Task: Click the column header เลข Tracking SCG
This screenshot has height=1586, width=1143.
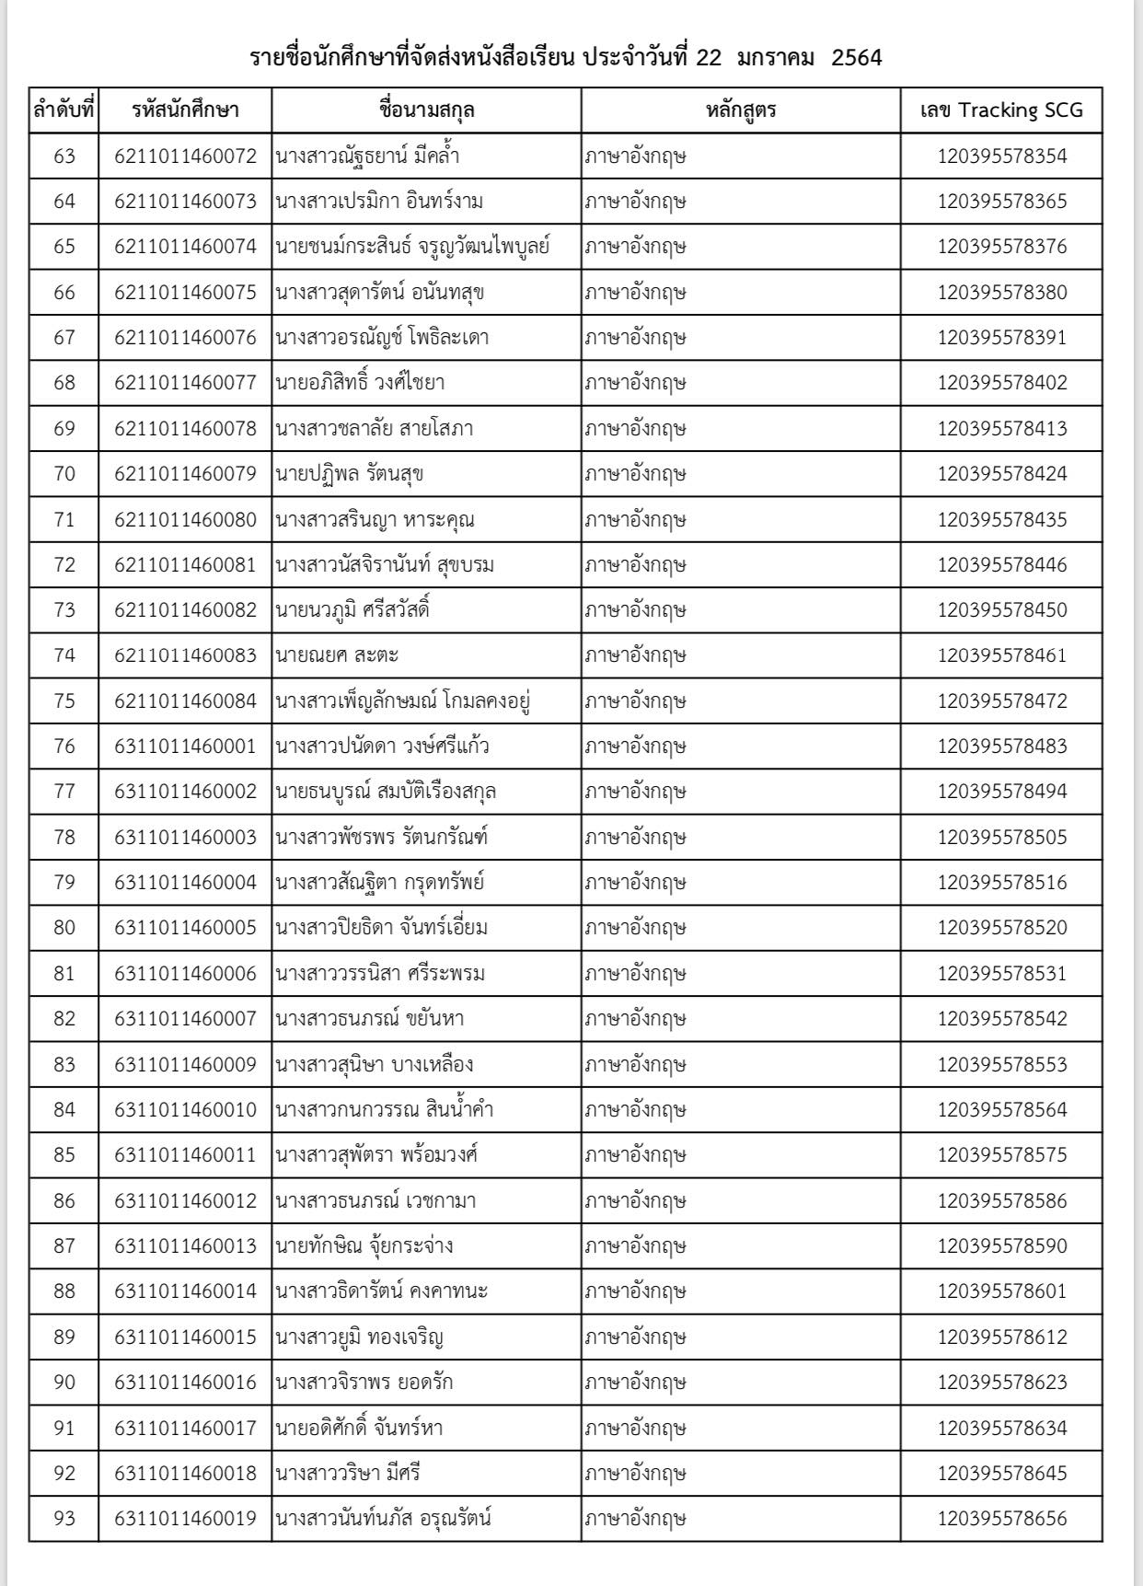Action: [x=1001, y=110]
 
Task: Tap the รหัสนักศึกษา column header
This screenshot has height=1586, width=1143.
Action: [x=185, y=110]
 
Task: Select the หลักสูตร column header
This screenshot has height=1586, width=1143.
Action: [x=741, y=110]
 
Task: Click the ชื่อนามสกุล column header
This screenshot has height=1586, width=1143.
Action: [x=426, y=110]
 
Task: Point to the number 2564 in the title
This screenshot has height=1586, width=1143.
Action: [x=856, y=58]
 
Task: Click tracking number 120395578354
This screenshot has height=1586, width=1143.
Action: [x=1002, y=156]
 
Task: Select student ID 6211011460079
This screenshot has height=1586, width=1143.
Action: [x=185, y=474]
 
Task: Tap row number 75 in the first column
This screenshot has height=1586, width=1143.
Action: [x=64, y=700]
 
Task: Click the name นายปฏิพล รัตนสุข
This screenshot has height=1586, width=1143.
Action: [x=349, y=474]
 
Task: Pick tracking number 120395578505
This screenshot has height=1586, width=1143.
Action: [x=1002, y=837]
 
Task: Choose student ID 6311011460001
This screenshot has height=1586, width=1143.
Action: [x=185, y=746]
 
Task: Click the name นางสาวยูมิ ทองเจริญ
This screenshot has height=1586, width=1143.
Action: [x=360, y=1337]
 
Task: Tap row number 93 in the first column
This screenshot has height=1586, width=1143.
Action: [x=64, y=1518]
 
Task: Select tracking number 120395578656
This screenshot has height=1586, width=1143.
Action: [x=1002, y=1518]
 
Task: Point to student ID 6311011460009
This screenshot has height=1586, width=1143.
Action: [x=185, y=1064]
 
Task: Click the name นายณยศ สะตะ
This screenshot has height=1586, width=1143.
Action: [x=337, y=655]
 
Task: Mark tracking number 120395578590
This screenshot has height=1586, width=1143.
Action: [x=1002, y=1245]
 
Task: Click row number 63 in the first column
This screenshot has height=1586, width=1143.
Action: [x=64, y=156]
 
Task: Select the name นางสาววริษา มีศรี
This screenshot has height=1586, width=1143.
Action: [x=348, y=1473]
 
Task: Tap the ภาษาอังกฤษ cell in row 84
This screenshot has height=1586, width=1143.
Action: [x=636, y=1109]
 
